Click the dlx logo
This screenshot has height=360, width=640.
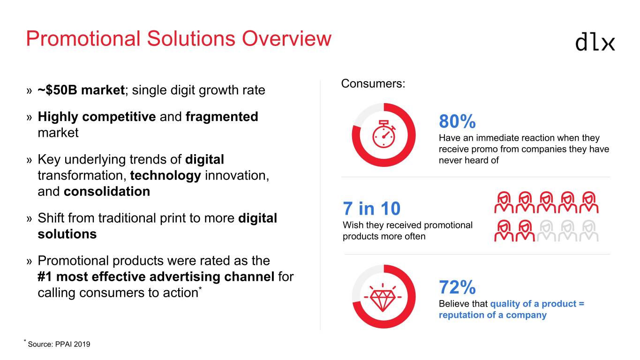(595, 43)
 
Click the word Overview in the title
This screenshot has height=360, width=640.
(286, 38)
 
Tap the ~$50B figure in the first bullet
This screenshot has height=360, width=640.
(57, 90)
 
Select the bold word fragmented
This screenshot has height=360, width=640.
(222, 117)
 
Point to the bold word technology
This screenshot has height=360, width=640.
(166, 175)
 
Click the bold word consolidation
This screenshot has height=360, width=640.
(107, 191)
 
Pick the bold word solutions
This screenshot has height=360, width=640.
(67, 234)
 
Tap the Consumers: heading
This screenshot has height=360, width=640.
(373, 84)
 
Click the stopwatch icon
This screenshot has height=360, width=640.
(384, 134)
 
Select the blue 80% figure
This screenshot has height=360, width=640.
(457, 121)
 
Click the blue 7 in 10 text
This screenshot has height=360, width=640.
(371, 208)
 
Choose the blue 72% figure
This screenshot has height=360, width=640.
(457, 287)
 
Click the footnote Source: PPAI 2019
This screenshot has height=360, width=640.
(59, 344)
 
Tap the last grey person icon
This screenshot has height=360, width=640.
(589, 231)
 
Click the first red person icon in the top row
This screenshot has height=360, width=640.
(504, 202)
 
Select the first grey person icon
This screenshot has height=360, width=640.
(547, 231)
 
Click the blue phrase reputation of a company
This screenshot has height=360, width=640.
(493, 315)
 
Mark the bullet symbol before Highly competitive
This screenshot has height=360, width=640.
(29, 117)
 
